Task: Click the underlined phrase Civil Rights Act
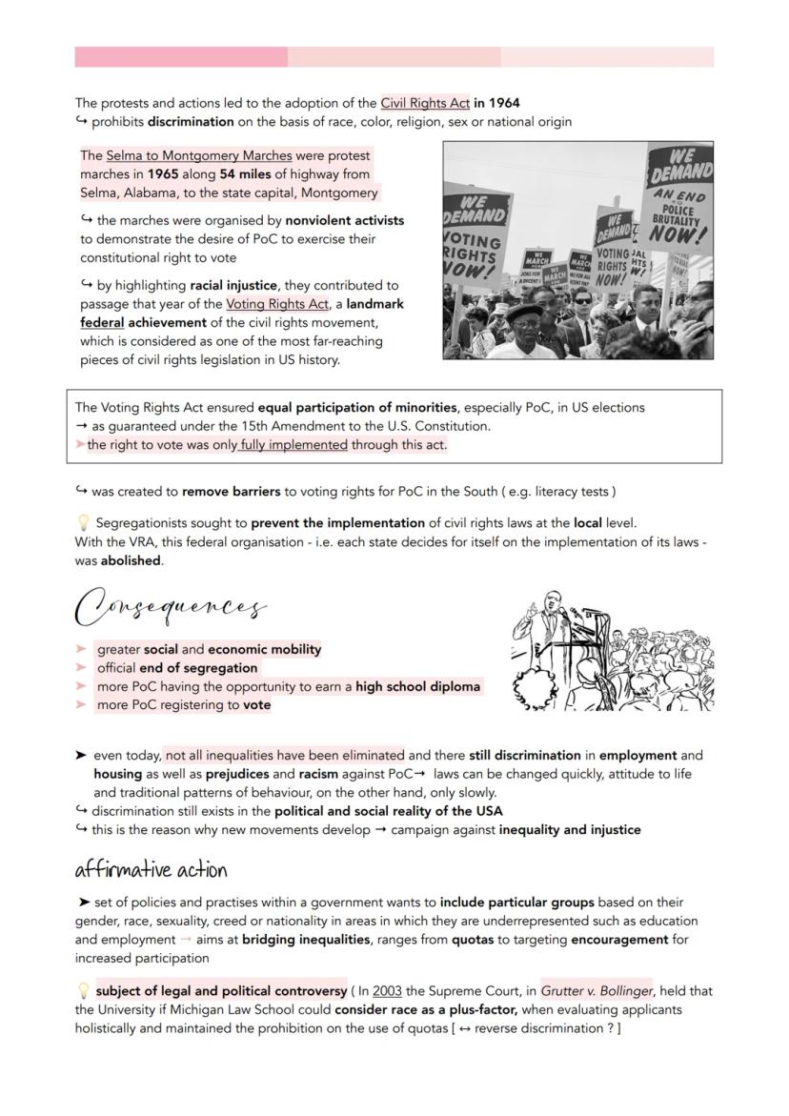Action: click(x=425, y=103)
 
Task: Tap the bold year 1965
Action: click(x=163, y=174)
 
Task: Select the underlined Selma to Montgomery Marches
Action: click(x=199, y=155)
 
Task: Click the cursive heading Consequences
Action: click(x=171, y=606)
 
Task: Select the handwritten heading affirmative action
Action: click(x=151, y=870)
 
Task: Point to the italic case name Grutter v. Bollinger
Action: click(x=597, y=991)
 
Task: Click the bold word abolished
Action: click(x=131, y=561)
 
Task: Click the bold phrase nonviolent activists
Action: click(x=344, y=220)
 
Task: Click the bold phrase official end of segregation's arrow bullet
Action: click(x=82, y=668)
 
